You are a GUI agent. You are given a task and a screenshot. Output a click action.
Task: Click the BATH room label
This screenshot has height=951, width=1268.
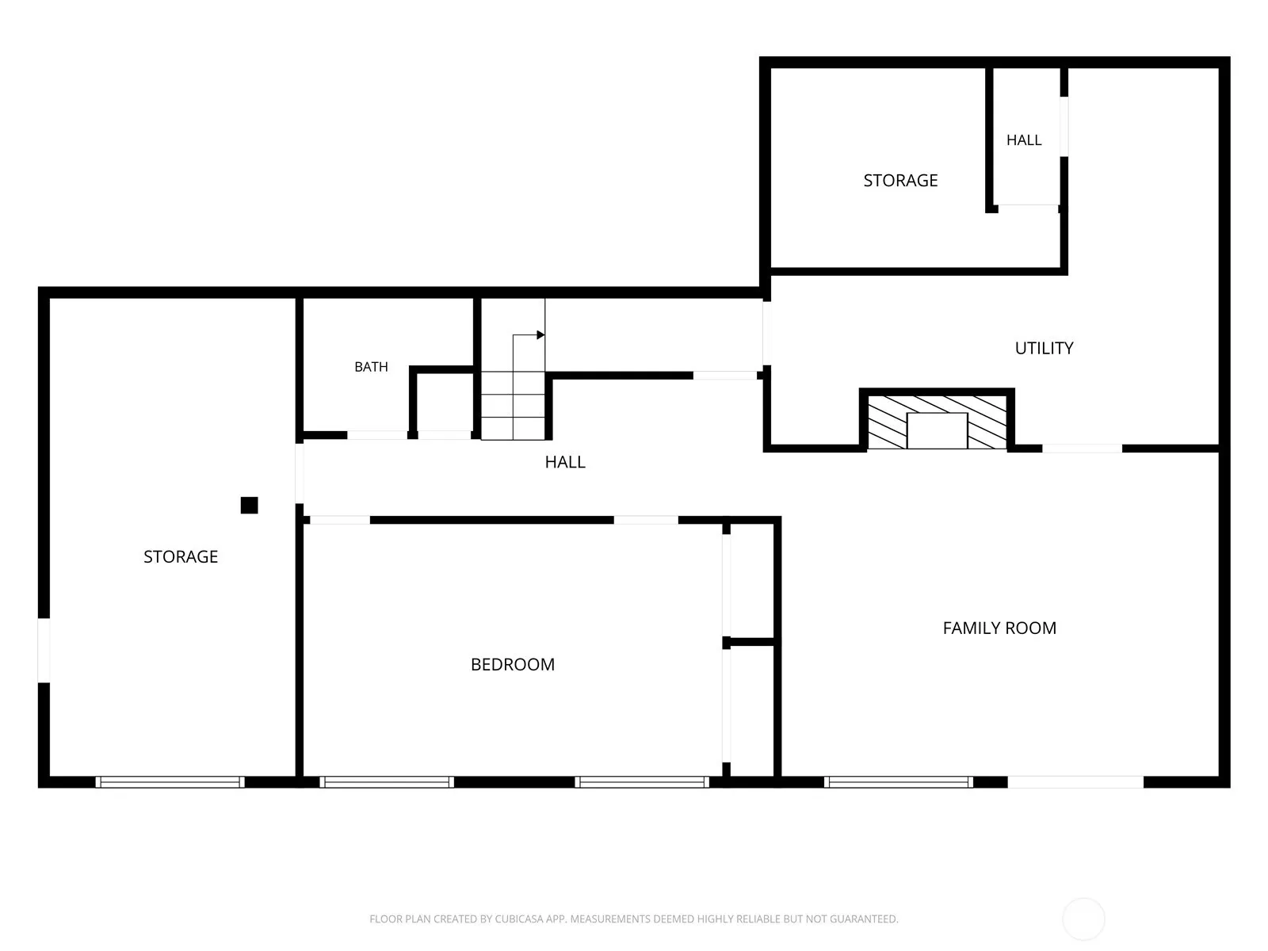[371, 367]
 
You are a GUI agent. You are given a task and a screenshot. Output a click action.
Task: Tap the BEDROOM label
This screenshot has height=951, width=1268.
[513, 664]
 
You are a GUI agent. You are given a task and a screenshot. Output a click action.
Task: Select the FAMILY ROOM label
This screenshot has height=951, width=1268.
[999, 628]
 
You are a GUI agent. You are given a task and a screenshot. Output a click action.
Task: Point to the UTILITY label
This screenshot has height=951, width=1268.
[1044, 348]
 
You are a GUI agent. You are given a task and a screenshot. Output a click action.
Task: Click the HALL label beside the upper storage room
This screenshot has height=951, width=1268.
[1024, 139]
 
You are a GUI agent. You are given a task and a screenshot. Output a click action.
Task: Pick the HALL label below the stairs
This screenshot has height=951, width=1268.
[565, 462]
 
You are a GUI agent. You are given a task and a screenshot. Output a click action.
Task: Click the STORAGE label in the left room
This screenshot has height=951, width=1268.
[181, 556]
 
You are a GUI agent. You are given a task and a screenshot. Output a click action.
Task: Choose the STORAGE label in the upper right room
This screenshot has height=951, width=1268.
[900, 181]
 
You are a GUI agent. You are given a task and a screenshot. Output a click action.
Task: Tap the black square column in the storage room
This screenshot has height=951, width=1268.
[249, 506]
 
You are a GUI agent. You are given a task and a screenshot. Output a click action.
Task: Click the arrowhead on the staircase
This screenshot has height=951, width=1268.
[540, 335]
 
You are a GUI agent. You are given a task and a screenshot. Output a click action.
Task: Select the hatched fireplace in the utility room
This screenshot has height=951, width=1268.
[937, 422]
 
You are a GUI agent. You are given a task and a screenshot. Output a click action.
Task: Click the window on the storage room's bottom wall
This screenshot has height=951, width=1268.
[170, 782]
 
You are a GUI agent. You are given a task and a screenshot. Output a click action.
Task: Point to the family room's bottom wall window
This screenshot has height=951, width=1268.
[898, 782]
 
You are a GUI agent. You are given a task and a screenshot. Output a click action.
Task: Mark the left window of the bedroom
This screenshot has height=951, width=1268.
[387, 782]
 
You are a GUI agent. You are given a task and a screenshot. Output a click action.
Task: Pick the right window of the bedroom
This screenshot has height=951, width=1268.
[642, 782]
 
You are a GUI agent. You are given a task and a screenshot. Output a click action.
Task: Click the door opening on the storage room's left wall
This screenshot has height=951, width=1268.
[44, 650]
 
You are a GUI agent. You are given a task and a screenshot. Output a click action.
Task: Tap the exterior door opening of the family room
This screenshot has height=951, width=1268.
[1075, 782]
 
